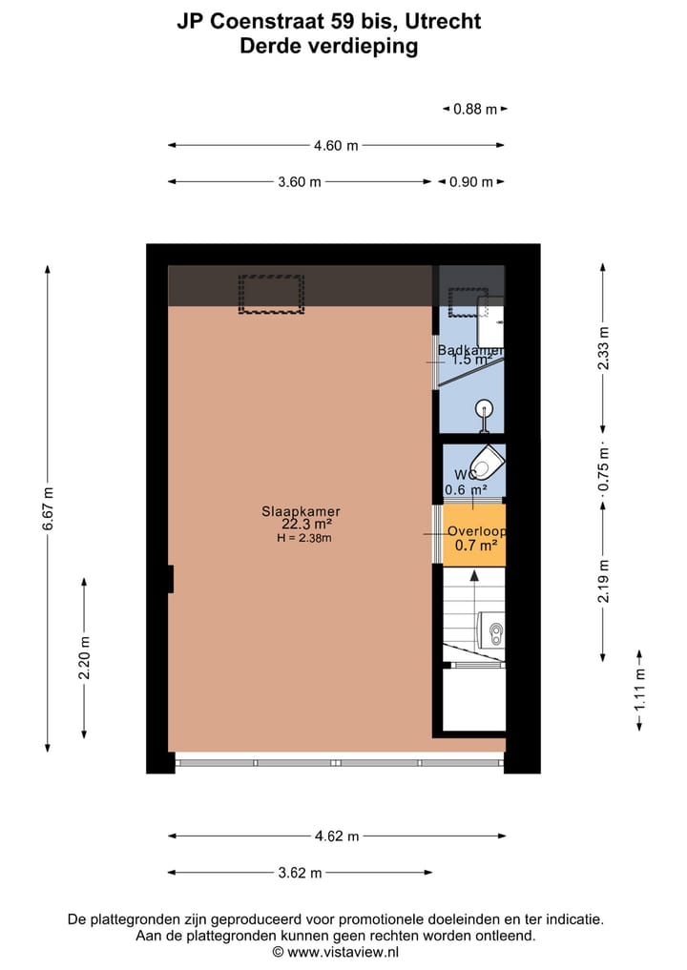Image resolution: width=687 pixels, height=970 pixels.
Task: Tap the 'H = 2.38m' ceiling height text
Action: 304,538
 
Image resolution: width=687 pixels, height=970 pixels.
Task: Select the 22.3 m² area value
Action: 306,525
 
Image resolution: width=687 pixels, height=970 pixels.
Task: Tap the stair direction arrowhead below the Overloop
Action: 474,575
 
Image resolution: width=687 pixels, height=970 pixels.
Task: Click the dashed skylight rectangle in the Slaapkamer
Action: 271,295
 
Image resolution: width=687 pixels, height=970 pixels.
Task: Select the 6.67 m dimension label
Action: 49,509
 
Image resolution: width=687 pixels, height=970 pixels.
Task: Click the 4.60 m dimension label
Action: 336,146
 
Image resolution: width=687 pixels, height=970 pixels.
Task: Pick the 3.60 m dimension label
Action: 300,182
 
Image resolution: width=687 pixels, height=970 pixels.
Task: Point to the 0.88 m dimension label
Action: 474,109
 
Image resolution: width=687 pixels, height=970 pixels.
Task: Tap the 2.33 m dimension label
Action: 602,345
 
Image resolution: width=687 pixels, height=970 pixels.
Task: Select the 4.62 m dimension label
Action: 337,836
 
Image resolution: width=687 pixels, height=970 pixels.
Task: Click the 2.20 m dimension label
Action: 85,658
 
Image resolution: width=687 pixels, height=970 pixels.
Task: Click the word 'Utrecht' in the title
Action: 447,21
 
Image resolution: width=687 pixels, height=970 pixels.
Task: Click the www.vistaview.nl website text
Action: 343,952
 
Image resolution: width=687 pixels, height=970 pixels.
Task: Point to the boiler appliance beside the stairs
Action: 492,630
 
